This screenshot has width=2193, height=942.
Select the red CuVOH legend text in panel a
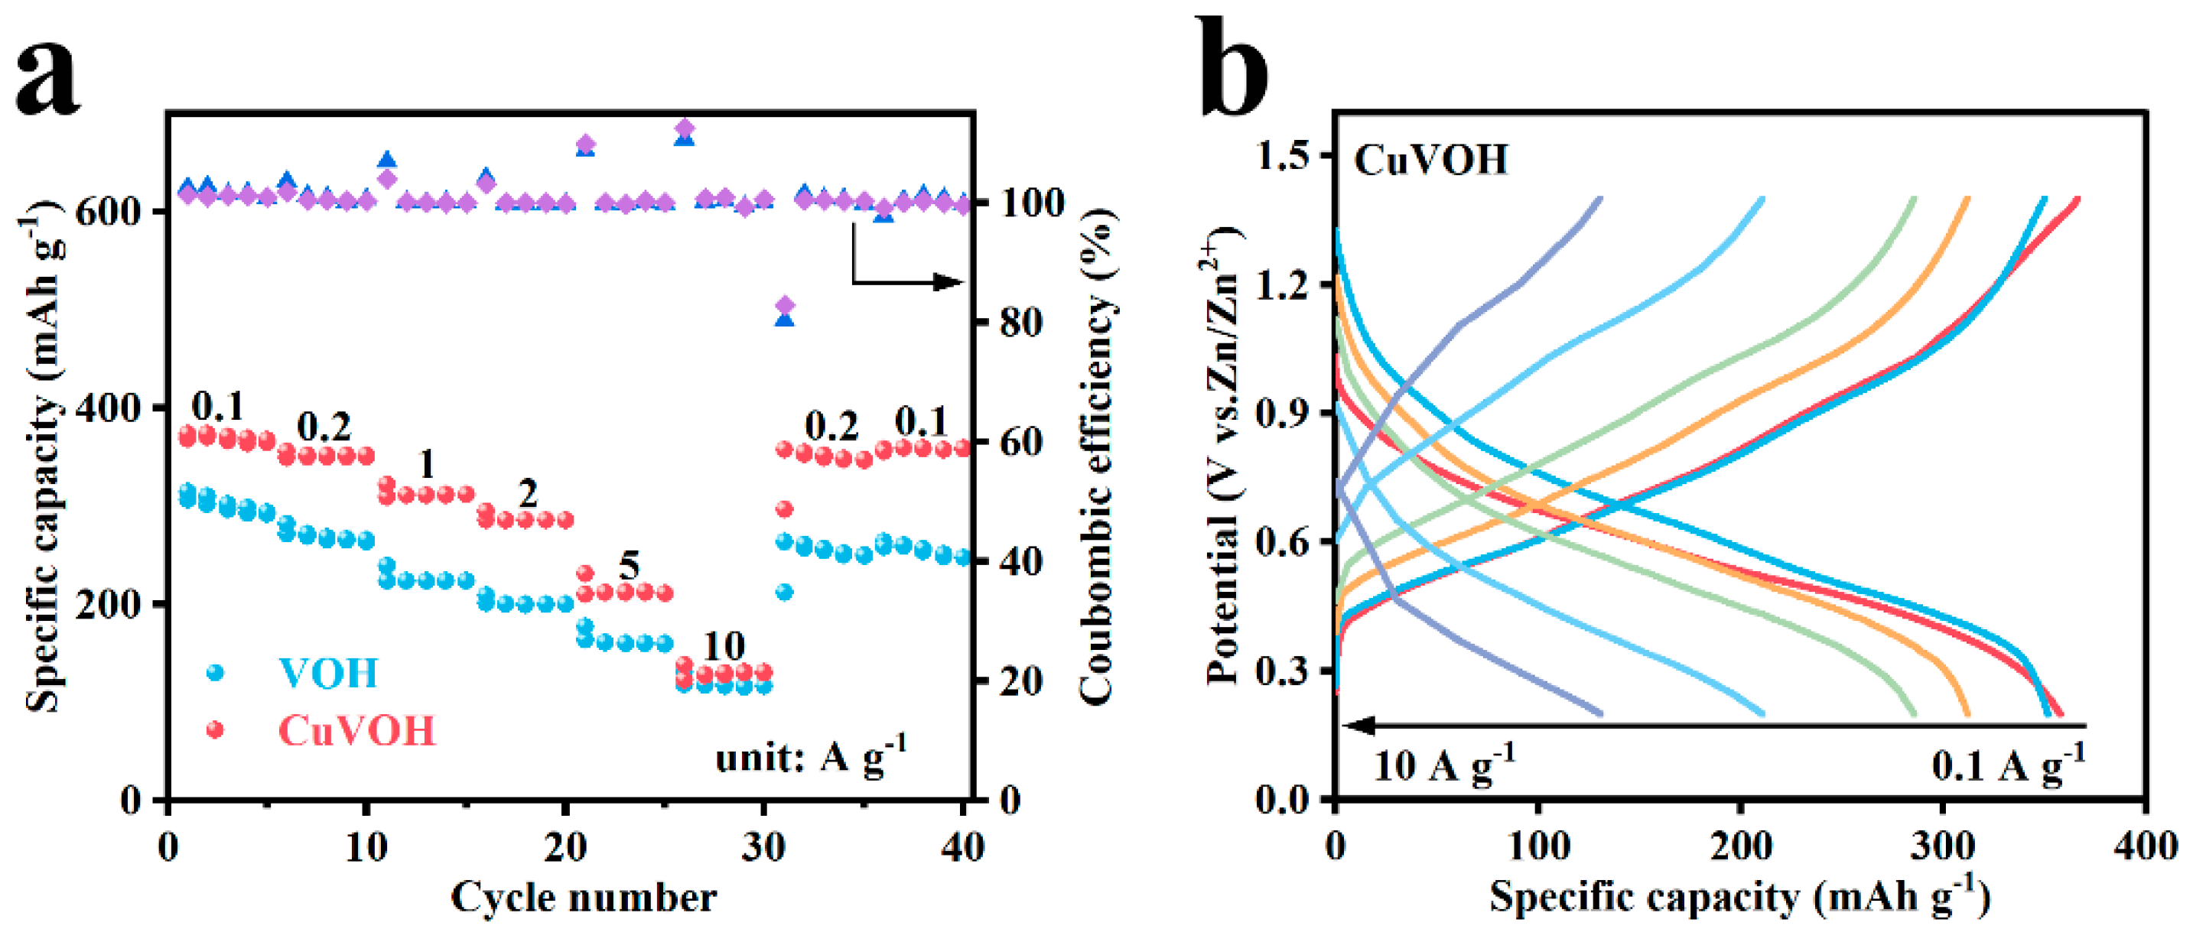(x=356, y=731)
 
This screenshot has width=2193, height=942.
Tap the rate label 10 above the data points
(x=723, y=646)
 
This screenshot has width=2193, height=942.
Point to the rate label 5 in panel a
(x=628, y=565)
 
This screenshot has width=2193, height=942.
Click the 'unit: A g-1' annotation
(x=811, y=755)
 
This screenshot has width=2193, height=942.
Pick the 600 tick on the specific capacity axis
(x=108, y=212)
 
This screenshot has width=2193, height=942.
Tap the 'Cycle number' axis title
(x=583, y=898)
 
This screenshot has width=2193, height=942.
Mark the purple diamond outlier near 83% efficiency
(x=785, y=304)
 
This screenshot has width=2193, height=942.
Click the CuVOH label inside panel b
(x=1431, y=160)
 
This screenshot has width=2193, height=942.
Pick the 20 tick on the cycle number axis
(x=565, y=846)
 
